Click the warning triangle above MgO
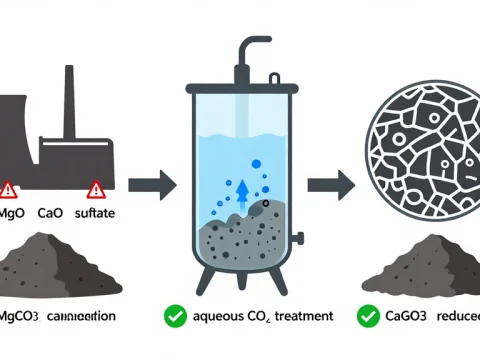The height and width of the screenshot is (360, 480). click(x=9, y=188)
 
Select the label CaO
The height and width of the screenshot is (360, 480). click(x=49, y=213)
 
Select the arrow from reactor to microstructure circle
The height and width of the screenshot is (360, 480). click(x=326, y=184)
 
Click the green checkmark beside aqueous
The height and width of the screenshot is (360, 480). click(x=175, y=316)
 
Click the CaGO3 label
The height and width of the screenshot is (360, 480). click(x=406, y=316)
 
